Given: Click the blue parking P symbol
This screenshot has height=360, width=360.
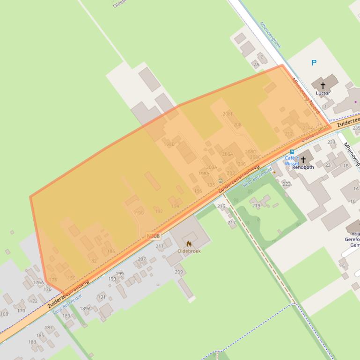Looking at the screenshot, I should [x=314, y=63].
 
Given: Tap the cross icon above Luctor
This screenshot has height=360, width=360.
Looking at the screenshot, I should [x=323, y=86].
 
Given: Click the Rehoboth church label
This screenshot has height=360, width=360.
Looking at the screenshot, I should [x=303, y=167].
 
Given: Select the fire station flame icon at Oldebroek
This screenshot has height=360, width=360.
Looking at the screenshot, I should [x=189, y=244].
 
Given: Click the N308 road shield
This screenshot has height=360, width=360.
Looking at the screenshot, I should [x=153, y=236].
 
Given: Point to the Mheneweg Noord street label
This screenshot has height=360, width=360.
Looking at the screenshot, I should [x=306, y=96].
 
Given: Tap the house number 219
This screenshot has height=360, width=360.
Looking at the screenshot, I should [x=256, y=206].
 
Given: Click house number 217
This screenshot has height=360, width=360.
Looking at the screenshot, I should [x=232, y=222].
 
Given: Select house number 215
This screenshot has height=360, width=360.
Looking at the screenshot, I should [x=221, y=206].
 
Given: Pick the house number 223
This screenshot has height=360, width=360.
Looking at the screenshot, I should [x=287, y=184].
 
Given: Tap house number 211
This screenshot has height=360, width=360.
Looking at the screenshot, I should [x=160, y=246].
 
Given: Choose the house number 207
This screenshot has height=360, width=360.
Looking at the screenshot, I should [x=142, y=259].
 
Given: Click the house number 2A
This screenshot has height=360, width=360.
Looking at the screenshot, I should [x=256, y=64].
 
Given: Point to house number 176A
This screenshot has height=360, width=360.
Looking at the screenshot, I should [x=38, y=282].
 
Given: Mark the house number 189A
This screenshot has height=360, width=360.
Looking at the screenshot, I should [x=85, y=308].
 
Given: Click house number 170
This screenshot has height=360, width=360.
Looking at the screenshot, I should [x=21, y=310].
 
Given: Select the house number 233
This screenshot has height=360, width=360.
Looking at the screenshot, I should [x=331, y=142].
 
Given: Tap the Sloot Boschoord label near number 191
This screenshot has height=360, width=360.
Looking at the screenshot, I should [x=67, y=303].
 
